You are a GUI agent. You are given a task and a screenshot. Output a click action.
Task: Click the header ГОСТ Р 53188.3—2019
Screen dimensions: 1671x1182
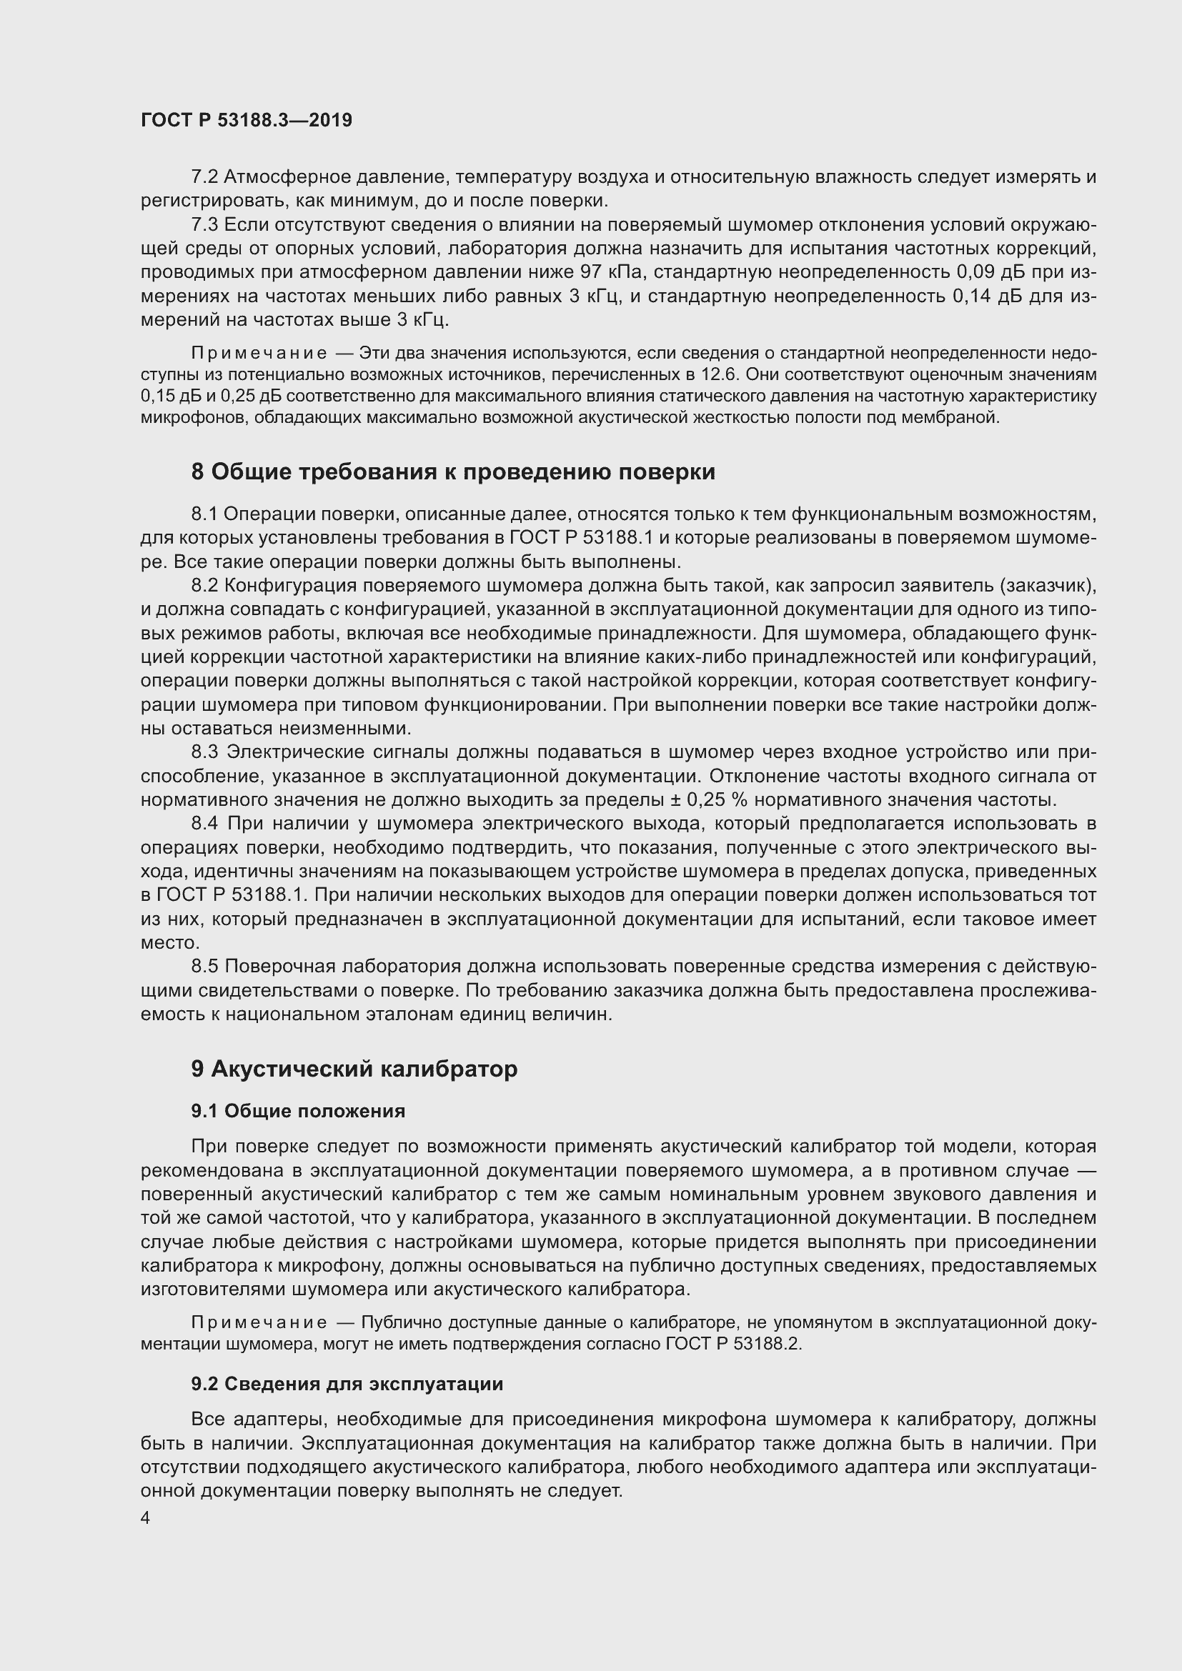click(246, 120)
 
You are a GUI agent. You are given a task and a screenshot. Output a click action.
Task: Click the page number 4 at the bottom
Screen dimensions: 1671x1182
click(146, 1518)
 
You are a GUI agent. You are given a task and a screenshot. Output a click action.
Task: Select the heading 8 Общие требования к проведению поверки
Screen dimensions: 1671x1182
click(452, 472)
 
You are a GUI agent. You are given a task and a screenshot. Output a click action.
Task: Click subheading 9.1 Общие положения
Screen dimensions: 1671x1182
click(298, 1111)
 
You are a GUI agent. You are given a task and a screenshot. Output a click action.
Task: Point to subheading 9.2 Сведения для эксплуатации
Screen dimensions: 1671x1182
click(347, 1384)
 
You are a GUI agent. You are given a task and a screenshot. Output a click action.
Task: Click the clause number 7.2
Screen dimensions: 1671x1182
click(204, 177)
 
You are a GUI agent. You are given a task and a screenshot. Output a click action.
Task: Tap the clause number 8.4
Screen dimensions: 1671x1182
click(204, 823)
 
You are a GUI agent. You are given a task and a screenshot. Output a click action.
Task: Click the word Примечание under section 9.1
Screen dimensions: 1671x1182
click(259, 1322)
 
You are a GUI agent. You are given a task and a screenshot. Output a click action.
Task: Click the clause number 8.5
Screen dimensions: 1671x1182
click(204, 966)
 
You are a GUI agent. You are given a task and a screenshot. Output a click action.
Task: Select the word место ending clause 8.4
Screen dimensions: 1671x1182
click(169, 942)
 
